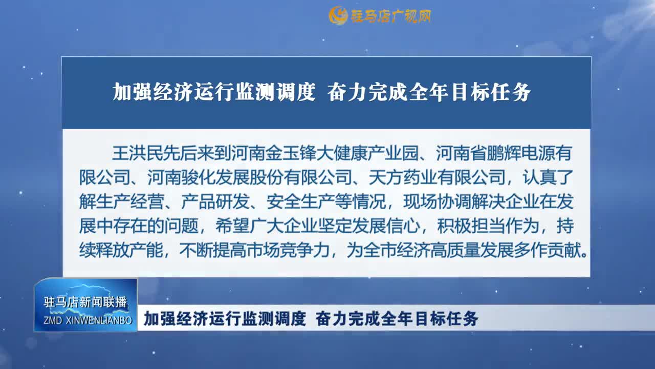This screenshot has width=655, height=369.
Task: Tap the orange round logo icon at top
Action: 338,16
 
